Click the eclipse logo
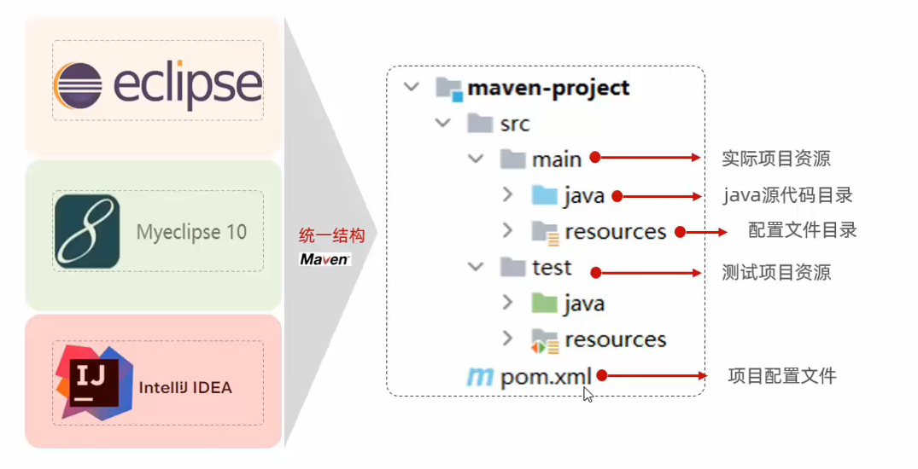pos(158,84)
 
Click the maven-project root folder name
pos(548,88)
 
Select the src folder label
pos(515,124)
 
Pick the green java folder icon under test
pos(543,303)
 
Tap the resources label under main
pos(615,231)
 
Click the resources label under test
pos(615,339)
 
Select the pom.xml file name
pos(547,376)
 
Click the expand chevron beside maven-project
pos(412,87)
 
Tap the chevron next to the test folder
pos(475,267)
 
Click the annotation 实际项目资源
pos(775,159)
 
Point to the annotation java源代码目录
pos(787,195)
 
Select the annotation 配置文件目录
pos(802,230)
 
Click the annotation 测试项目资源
pos(775,273)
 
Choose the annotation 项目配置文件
pos(781,376)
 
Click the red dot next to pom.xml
pos(601,374)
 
